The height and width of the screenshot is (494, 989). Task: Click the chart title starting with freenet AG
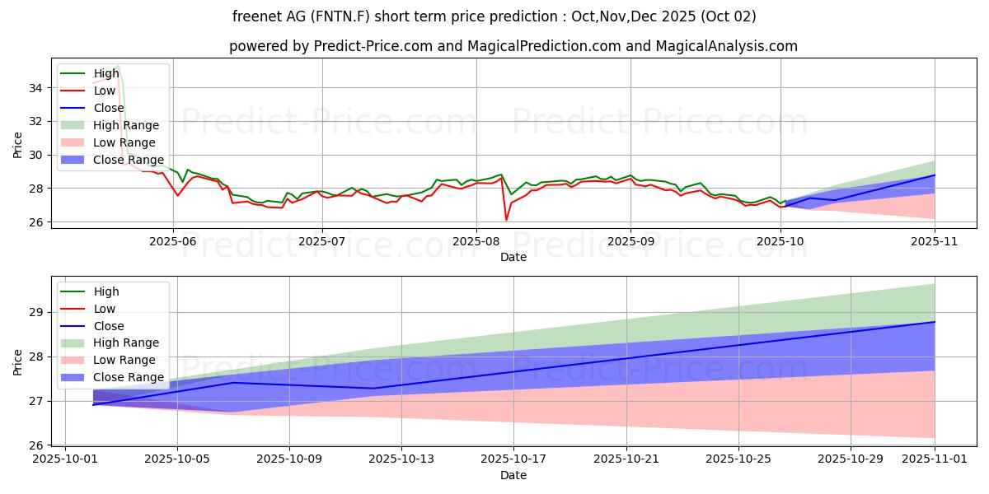coord(494,16)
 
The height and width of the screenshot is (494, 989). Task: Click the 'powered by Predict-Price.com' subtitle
coord(513,47)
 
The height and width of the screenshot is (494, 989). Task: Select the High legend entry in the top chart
coord(105,73)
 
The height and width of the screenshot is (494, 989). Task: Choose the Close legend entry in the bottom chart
coord(109,326)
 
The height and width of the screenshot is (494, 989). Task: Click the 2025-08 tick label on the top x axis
coord(476,241)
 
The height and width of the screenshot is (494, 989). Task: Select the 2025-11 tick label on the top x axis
coord(935,241)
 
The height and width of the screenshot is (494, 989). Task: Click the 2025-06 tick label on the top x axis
coord(172,241)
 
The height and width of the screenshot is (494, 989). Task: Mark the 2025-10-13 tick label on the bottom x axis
coord(401,459)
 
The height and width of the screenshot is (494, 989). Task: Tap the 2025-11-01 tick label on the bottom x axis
coord(935,459)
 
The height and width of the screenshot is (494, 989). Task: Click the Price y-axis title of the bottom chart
coord(18,361)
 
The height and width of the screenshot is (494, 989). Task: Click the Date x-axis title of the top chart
coord(513,257)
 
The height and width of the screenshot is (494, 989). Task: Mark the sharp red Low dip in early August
coord(506,220)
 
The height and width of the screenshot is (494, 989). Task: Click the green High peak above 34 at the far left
coord(118,65)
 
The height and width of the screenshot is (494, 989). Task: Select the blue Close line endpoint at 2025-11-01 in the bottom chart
coord(935,322)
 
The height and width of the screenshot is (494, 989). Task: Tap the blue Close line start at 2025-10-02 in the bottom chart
coord(93,404)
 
